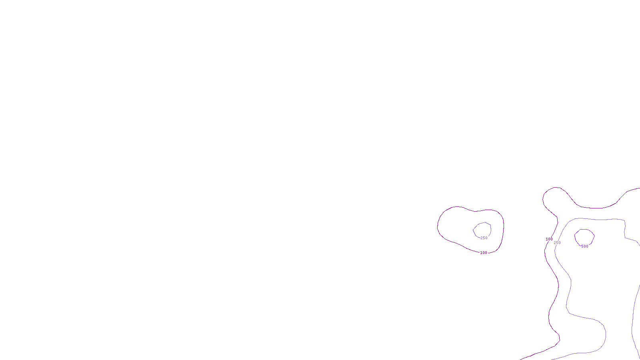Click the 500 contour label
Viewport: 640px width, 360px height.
pyautogui.click(x=585, y=246)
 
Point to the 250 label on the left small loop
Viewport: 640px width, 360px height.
pyautogui.click(x=484, y=238)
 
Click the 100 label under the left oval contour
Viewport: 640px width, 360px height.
pyautogui.click(x=484, y=253)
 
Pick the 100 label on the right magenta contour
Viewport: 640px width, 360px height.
pyautogui.click(x=549, y=239)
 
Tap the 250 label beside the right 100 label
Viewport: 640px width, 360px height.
pyautogui.click(x=557, y=243)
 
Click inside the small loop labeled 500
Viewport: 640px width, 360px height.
pyautogui.click(x=584, y=236)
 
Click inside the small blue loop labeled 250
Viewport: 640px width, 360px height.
pyautogui.click(x=482, y=229)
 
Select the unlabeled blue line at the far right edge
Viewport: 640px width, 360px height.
pyautogui.click(x=633, y=312)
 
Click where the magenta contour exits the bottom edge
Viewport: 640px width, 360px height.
pyautogui.click(x=522, y=359)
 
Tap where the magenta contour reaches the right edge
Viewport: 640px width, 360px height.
pyautogui.click(x=639, y=188)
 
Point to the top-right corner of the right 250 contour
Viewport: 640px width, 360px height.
pyautogui.click(x=624, y=220)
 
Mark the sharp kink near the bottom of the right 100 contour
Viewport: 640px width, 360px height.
pyautogui.click(x=559, y=340)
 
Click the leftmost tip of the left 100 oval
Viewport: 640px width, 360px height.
pyautogui.click(x=438, y=226)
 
